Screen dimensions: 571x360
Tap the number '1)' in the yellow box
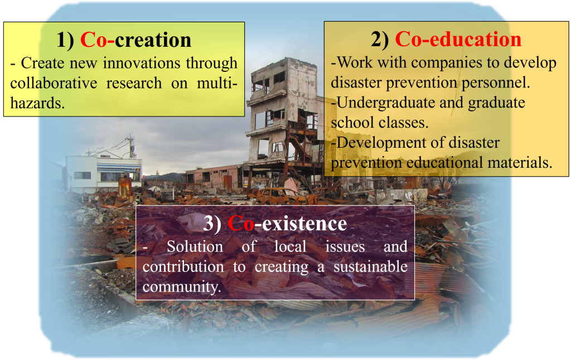pos(66,40)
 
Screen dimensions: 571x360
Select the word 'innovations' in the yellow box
pos(142,63)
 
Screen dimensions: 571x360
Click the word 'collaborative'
pos(54,83)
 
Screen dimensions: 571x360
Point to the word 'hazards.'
pos(37,103)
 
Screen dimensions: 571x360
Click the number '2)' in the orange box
pos(380,40)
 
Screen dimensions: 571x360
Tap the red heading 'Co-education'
pos(458,39)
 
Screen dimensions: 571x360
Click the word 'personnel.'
pos(496,82)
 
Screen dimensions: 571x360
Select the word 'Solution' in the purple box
pos(195,247)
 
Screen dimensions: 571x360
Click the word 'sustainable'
pos(370,266)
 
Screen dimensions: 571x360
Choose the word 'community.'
pos(182,287)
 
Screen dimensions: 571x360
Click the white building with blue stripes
pos(103,172)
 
